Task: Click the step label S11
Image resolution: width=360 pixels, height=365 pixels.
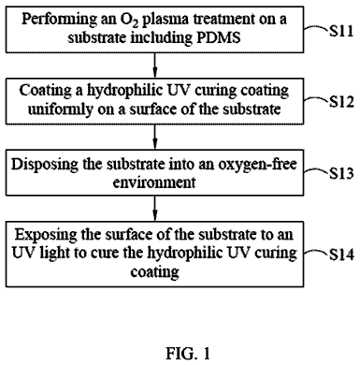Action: tap(341, 31)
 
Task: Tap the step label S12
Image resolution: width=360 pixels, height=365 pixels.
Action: tap(341, 102)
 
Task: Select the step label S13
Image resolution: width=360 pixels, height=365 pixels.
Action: tap(341, 173)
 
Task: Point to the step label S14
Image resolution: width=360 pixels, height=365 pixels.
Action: tap(341, 255)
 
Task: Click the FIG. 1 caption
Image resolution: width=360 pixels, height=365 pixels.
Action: tap(188, 354)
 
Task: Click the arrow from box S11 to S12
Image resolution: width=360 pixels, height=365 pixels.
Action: tap(155, 66)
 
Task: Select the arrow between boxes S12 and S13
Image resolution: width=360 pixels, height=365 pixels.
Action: tap(155, 137)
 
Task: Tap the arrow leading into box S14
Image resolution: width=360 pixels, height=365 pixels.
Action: tap(155, 209)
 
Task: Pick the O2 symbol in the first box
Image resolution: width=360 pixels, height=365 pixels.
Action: tap(129, 20)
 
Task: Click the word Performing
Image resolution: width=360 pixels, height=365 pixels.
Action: tap(60, 20)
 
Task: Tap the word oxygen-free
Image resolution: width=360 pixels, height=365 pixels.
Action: tap(257, 165)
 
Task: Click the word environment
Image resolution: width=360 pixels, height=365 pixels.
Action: tap(154, 182)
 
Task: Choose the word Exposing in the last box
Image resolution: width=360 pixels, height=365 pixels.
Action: tap(46, 235)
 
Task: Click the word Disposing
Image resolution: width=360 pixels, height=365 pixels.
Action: tap(45, 165)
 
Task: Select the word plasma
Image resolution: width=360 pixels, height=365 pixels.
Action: tap(166, 21)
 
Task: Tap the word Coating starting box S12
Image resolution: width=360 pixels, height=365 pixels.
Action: tap(45, 91)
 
